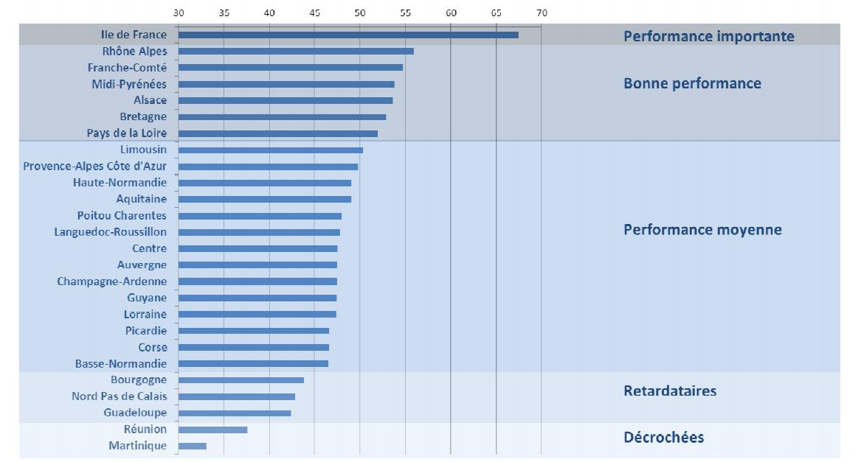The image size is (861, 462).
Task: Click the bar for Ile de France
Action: tap(348, 35)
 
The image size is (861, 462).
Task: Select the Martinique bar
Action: tap(193, 446)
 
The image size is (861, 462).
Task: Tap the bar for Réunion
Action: tap(212, 430)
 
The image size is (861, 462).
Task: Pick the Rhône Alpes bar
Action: tap(296, 51)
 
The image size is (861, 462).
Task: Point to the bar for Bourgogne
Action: tap(241, 380)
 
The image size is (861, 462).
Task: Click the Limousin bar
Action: tap(271, 150)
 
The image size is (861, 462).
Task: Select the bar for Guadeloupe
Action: tap(235, 413)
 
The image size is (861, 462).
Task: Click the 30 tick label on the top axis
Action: tap(179, 13)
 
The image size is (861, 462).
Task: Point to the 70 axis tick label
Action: tap(542, 13)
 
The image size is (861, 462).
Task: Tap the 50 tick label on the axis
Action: tap(360, 13)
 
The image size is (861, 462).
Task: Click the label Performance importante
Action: tap(708, 36)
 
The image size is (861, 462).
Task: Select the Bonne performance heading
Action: tap(692, 83)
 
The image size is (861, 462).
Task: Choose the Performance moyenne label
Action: tap(702, 229)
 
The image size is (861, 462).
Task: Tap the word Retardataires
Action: tap(670, 391)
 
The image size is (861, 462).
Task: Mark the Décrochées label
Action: tap(663, 437)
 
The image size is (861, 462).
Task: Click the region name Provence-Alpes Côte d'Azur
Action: tap(95, 166)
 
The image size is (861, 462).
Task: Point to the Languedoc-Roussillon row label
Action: tap(111, 232)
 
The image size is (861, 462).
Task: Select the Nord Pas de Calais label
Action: tap(120, 396)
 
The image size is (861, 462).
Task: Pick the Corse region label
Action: tap(153, 347)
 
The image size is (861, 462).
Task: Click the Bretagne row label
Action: tap(143, 116)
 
